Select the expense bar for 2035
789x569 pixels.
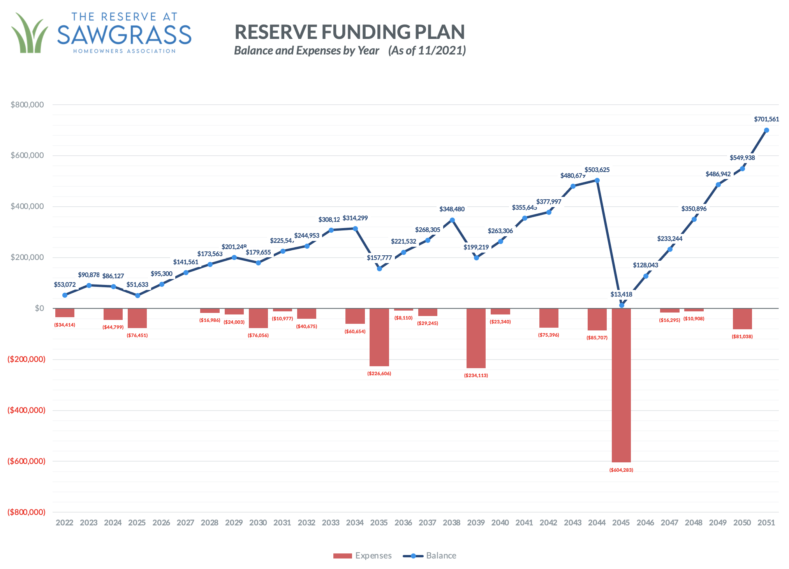[379, 337]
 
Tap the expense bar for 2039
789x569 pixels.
[476, 338]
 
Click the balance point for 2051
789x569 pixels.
[766, 130]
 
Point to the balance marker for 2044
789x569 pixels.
[597, 181]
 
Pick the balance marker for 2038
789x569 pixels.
[452, 220]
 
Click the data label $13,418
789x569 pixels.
[621, 294]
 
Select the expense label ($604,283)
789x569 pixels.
[621, 470]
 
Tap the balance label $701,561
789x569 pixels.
[766, 119]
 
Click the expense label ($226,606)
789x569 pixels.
[379, 374]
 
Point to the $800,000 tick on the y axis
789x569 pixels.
[27, 105]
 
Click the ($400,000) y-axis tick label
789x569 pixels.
[26, 410]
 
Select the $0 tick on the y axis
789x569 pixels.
[39, 308]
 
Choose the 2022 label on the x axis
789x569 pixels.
[65, 523]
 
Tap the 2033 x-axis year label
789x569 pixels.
[331, 523]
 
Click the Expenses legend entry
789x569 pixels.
[363, 556]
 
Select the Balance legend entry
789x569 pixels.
[430, 556]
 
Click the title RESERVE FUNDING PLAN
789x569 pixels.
[349, 32]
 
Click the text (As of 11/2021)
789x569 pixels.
[427, 51]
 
